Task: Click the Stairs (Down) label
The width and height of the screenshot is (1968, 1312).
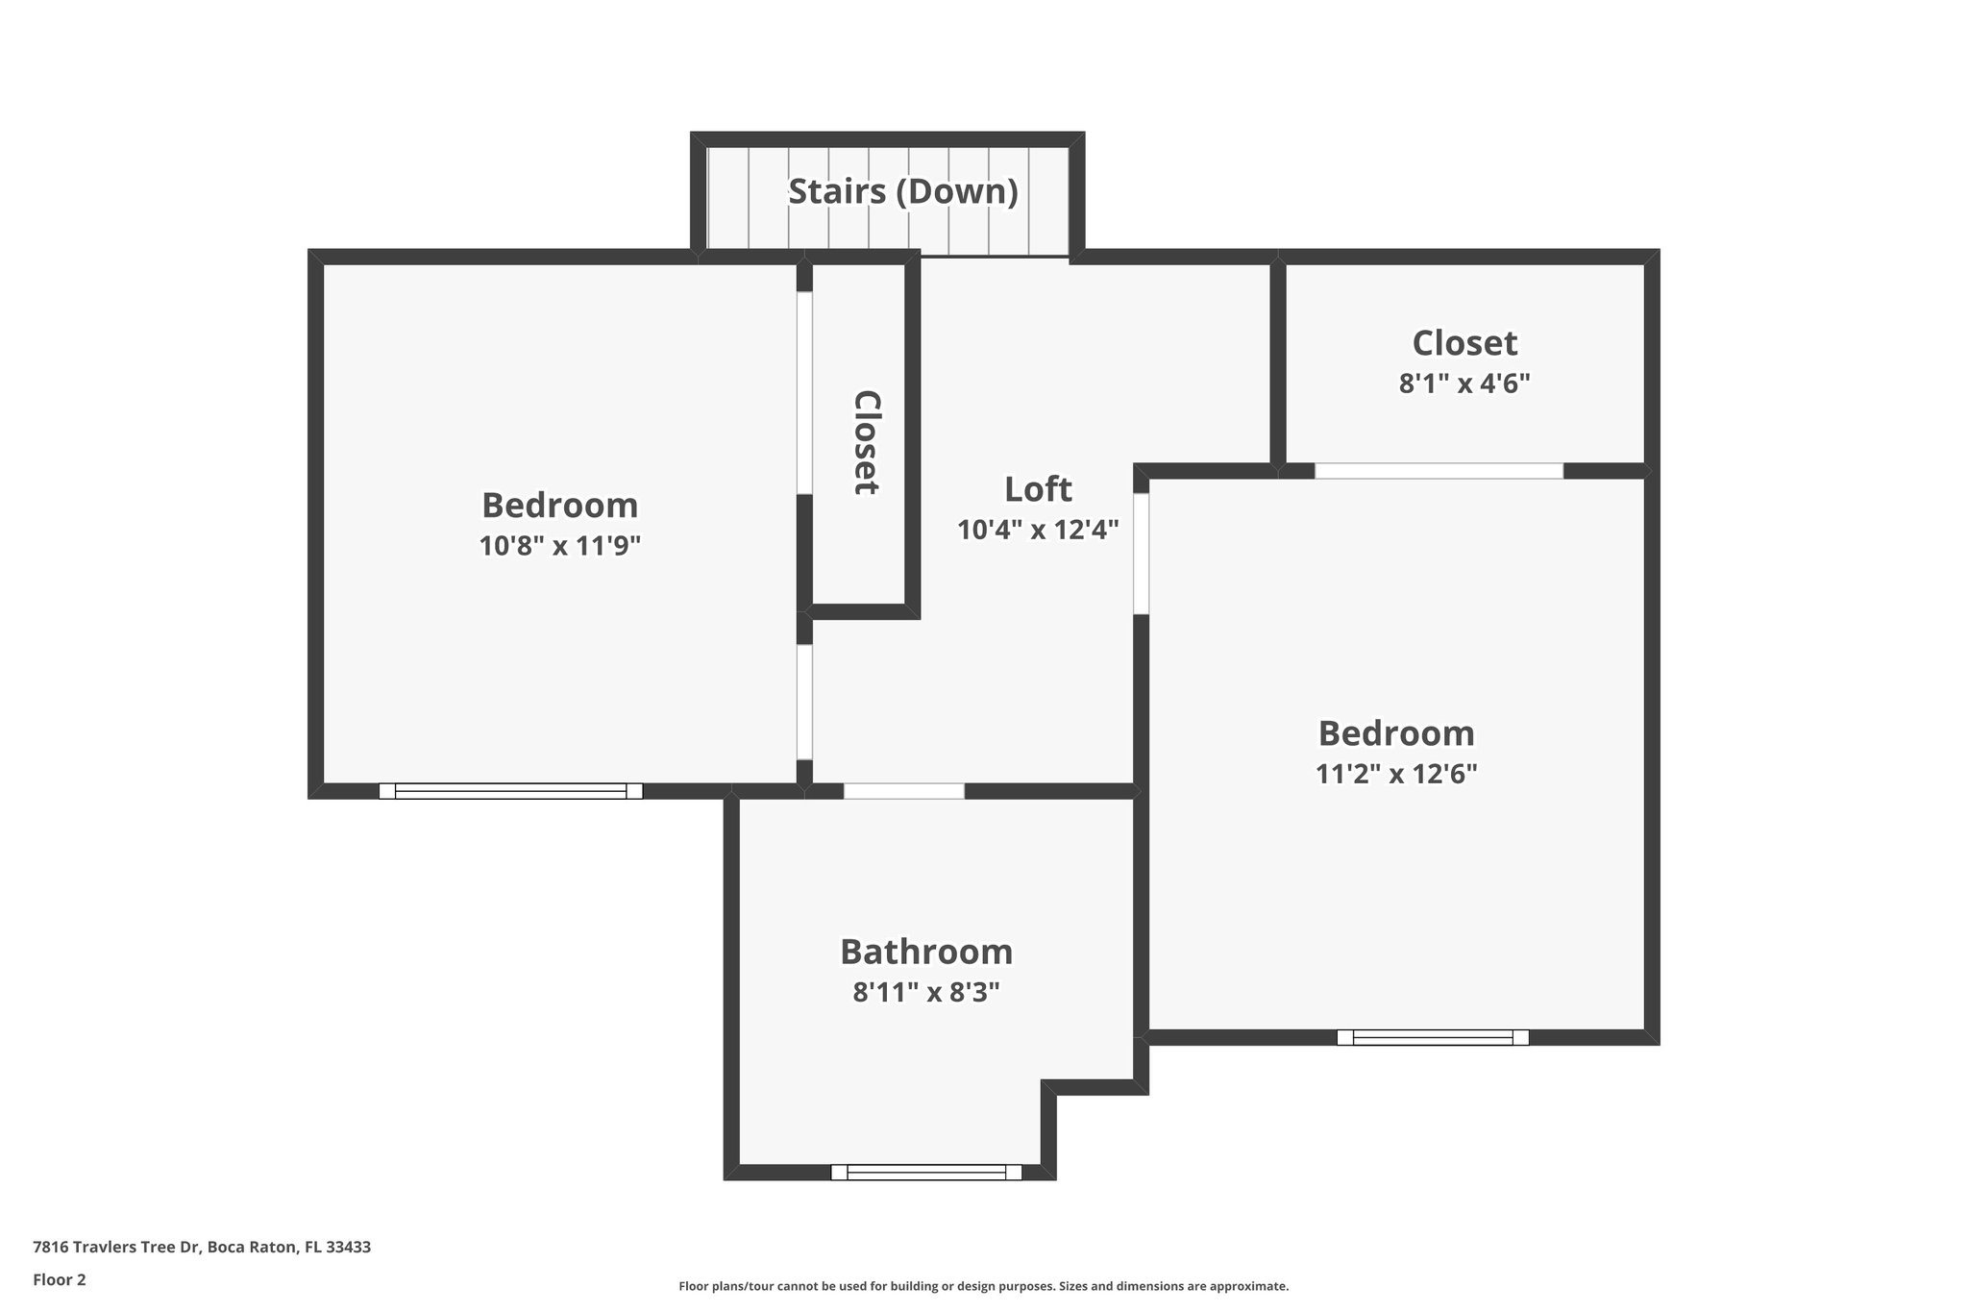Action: [902, 191]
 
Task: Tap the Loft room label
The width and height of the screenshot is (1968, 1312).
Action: [1038, 489]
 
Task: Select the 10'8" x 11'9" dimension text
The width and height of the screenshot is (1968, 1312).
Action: [559, 546]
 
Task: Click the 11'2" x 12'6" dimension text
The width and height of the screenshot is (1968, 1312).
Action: [1395, 774]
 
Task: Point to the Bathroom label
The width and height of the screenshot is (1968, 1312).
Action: [926, 952]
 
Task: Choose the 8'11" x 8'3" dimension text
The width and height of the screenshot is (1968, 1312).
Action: [926, 992]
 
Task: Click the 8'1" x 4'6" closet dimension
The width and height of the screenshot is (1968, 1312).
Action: [1464, 384]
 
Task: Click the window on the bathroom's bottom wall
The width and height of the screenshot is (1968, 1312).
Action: [926, 1172]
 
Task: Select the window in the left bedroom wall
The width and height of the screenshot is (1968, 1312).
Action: [510, 791]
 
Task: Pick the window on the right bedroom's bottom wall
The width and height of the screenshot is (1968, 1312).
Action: [1432, 1037]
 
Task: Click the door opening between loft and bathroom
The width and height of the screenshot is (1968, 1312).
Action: [903, 791]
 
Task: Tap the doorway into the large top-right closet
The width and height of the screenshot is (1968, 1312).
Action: [1439, 471]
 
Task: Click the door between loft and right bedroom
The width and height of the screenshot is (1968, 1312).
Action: [1142, 554]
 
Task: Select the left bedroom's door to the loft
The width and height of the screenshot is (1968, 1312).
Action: [805, 702]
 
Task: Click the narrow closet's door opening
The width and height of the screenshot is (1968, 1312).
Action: [805, 393]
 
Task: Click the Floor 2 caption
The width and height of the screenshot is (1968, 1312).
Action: [60, 1279]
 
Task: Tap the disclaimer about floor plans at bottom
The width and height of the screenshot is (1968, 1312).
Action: [983, 1286]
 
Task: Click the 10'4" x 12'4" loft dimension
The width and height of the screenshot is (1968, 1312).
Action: [1038, 530]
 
